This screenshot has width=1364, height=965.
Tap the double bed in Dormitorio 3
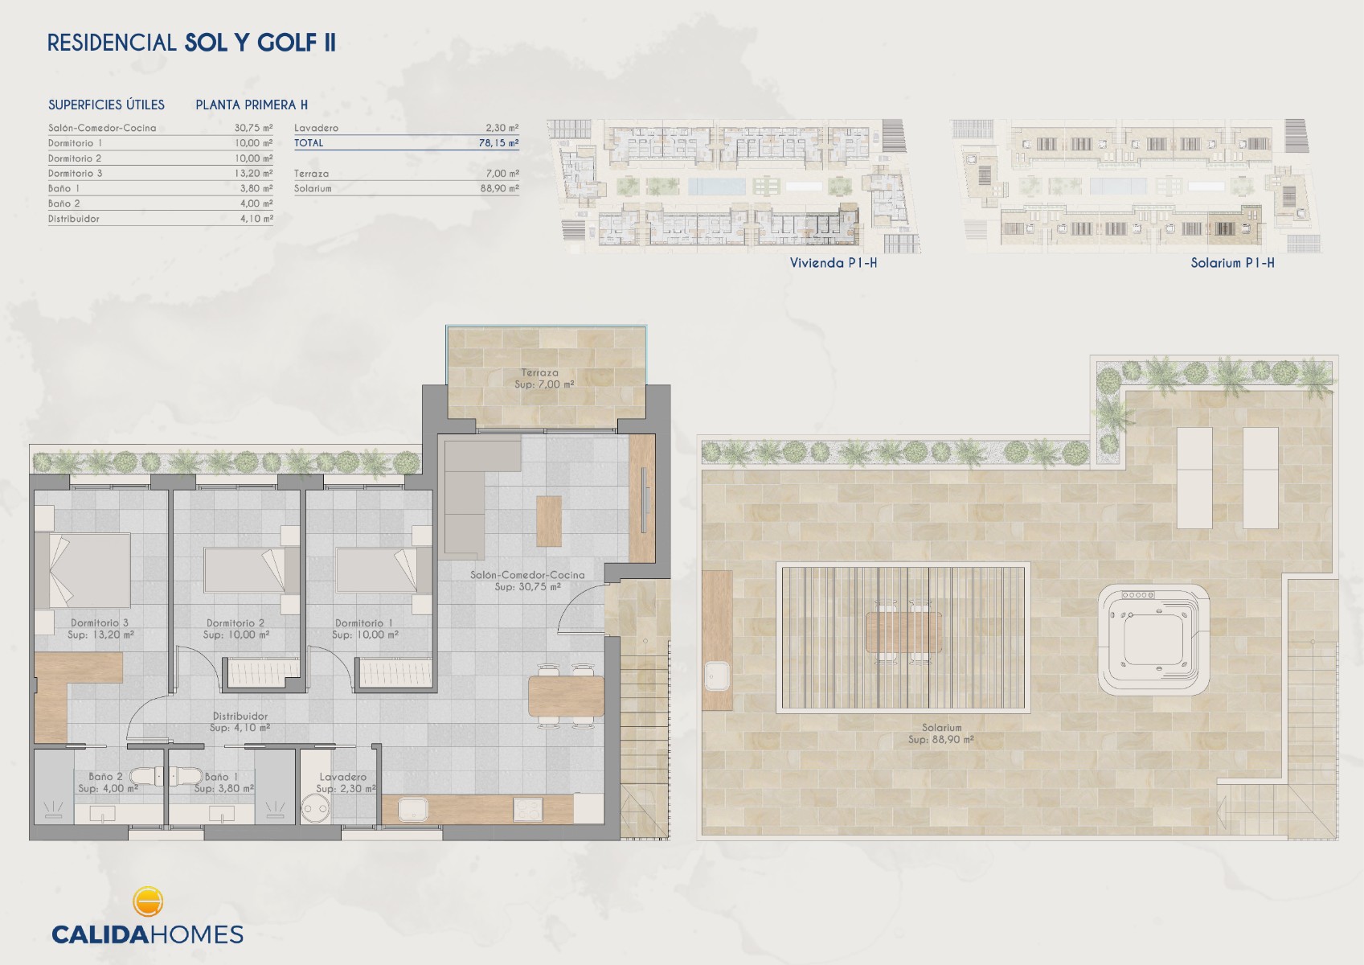[x=82, y=570]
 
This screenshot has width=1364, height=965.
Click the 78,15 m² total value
[x=498, y=143]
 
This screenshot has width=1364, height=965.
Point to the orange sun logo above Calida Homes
[x=147, y=901]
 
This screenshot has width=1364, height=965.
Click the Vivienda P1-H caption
[x=834, y=263]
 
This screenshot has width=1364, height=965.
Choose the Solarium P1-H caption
[x=1232, y=263]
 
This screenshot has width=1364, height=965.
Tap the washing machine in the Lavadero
[x=316, y=809]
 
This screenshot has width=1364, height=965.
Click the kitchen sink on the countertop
[x=413, y=810]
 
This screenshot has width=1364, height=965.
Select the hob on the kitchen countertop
[x=528, y=809]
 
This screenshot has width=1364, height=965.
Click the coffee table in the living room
[x=549, y=521]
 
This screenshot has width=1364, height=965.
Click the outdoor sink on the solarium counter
[x=717, y=676]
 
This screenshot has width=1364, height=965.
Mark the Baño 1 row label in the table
[x=64, y=189]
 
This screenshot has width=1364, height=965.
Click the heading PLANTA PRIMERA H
[x=252, y=105]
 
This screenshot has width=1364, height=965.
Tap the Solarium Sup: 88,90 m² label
[x=940, y=733]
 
